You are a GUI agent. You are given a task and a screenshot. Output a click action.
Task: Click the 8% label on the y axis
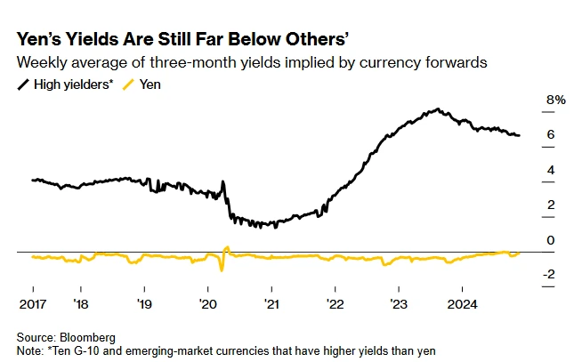[x=555, y=101]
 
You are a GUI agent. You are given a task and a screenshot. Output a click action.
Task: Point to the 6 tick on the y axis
[x=551, y=135]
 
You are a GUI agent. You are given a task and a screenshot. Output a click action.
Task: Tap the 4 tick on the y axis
[x=551, y=170]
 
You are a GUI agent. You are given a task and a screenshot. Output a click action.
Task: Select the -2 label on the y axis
[x=549, y=275]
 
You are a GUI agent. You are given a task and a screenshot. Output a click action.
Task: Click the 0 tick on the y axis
[x=551, y=240]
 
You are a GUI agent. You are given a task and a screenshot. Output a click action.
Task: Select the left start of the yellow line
[x=32, y=257]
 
